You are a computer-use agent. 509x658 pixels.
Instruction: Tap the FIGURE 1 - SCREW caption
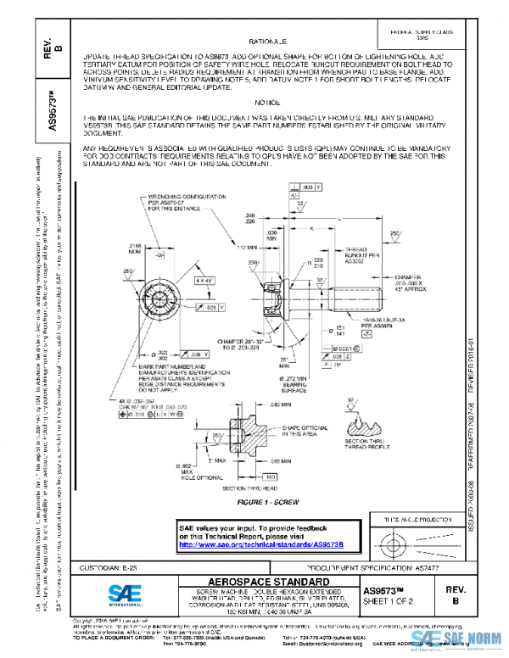268,502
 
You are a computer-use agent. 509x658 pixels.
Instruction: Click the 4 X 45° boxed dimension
204,279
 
